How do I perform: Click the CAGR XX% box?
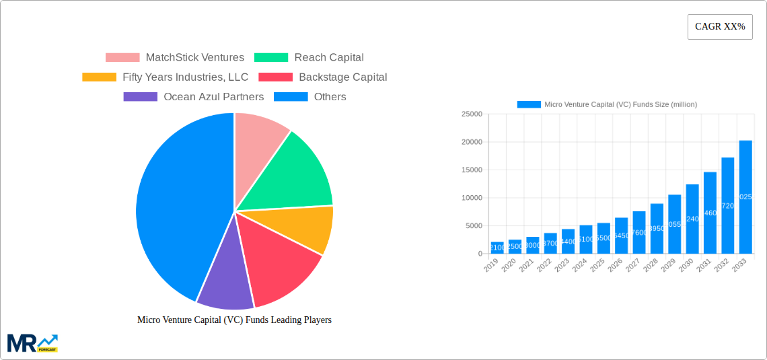[720, 27]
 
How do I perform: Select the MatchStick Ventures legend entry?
[175, 58]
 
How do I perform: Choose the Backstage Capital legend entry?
[323, 77]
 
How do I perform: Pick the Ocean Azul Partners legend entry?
[194, 97]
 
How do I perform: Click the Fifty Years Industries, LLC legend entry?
[165, 77]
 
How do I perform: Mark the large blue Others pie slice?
[175, 209]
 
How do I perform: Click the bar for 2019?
[497, 248]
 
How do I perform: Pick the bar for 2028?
[657, 229]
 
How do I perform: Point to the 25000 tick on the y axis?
[472, 114]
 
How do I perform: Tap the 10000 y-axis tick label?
[472, 198]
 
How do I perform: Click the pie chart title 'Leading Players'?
[234, 320]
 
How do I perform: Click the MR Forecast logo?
[32, 343]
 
